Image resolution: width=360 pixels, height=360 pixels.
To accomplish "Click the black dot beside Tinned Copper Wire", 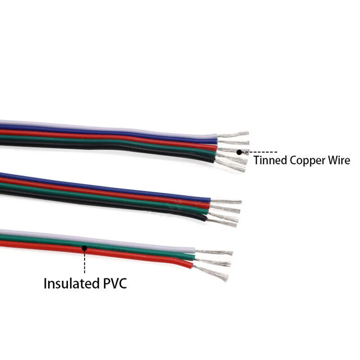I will tap(239, 152).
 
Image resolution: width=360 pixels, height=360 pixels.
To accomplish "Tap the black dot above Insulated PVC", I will tap(85, 247).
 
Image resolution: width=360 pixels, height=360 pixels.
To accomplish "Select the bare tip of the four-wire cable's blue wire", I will tap(227, 201).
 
